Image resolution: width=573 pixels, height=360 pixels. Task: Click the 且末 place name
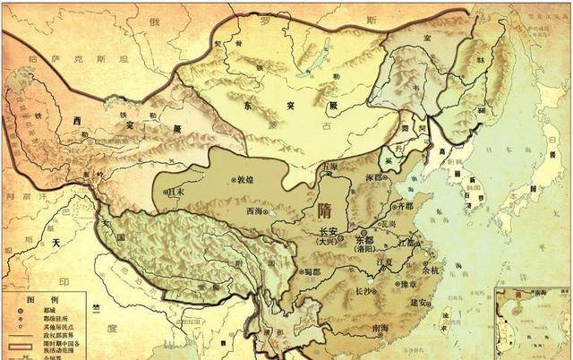pos(175,191)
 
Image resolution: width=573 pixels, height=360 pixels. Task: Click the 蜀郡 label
pos(309,273)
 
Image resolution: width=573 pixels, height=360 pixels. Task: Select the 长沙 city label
pos(365,291)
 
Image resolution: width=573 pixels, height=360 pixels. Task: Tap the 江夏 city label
pos(385,261)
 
